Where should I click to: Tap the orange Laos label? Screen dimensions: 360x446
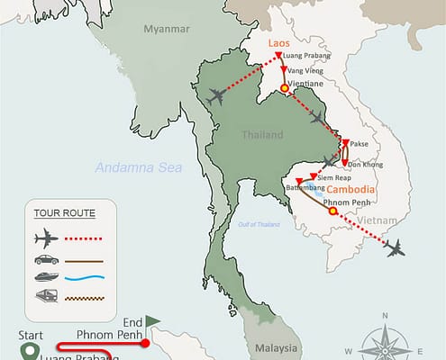pos(278,41)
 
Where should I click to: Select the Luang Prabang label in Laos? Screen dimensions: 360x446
pos(305,55)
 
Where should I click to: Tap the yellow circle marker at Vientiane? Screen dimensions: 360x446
pos(285,88)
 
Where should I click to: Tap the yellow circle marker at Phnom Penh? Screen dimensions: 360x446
pos(332,212)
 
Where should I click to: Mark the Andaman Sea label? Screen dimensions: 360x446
pos(139,167)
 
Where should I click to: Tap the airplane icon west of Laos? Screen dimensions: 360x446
pos(216,96)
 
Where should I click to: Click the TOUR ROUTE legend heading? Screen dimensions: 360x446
pos(64,213)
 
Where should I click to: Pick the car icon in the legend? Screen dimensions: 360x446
pos(46,259)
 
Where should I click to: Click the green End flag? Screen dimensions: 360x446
pos(152,319)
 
